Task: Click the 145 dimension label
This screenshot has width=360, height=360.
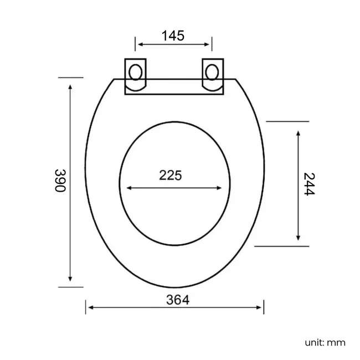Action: point(173,36)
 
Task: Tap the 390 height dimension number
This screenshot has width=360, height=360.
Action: point(60,181)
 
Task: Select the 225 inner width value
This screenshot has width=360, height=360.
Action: point(171,176)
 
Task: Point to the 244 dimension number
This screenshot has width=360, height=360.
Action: point(309,184)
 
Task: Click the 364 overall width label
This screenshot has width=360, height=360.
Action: point(178,300)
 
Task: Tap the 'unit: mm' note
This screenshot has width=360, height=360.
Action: point(325,342)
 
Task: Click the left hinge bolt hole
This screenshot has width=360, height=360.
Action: point(135,72)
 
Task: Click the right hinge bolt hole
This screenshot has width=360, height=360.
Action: point(212,72)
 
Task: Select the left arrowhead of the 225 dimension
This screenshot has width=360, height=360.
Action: point(129,188)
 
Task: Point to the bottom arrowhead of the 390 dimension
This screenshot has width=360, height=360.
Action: point(70,279)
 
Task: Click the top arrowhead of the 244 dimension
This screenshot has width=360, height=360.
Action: point(299,133)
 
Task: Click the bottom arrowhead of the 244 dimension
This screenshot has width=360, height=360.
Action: point(299,238)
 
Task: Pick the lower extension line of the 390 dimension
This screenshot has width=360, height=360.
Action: point(70,287)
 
